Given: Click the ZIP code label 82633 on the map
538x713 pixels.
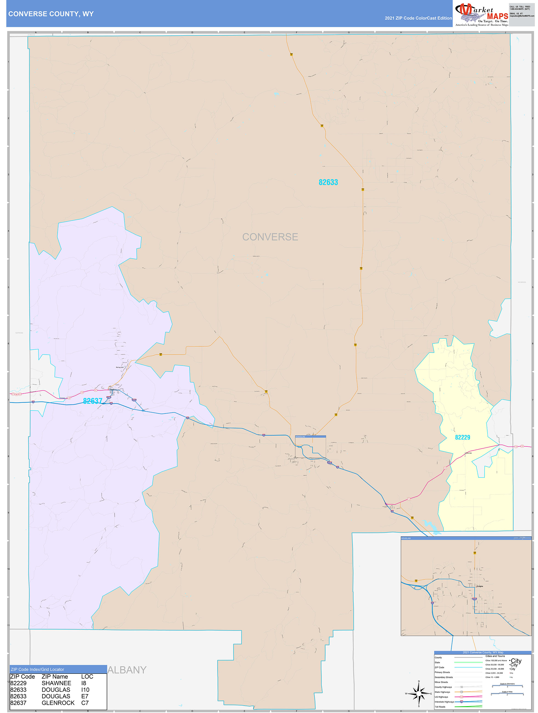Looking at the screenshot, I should (x=328, y=182).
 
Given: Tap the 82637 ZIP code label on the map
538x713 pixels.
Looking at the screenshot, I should (x=92, y=401).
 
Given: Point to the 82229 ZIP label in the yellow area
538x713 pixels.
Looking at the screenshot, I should (x=462, y=437).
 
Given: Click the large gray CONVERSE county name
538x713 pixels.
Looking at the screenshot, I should (x=270, y=237).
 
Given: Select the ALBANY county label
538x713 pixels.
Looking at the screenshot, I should (x=127, y=670).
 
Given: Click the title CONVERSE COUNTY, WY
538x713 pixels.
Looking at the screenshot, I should (x=51, y=14).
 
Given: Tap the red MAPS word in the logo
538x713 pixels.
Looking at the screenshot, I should (x=497, y=16).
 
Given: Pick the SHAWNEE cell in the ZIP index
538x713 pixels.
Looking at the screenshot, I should (x=56, y=683).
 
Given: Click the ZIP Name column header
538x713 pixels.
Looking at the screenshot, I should (x=55, y=677).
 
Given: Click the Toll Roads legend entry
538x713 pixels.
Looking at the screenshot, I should (x=440, y=707).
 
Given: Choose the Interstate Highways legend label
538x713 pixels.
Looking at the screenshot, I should (x=444, y=702).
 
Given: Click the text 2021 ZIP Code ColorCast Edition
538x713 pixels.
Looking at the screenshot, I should (x=418, y=18).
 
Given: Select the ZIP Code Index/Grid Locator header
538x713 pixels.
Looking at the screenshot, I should (x=37, y=669).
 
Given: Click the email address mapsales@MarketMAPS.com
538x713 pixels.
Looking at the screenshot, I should (x=522, y=16).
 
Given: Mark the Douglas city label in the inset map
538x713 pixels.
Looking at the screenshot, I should (x=480, y=586).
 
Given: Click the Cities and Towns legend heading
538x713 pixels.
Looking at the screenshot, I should (x=495, y=656).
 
